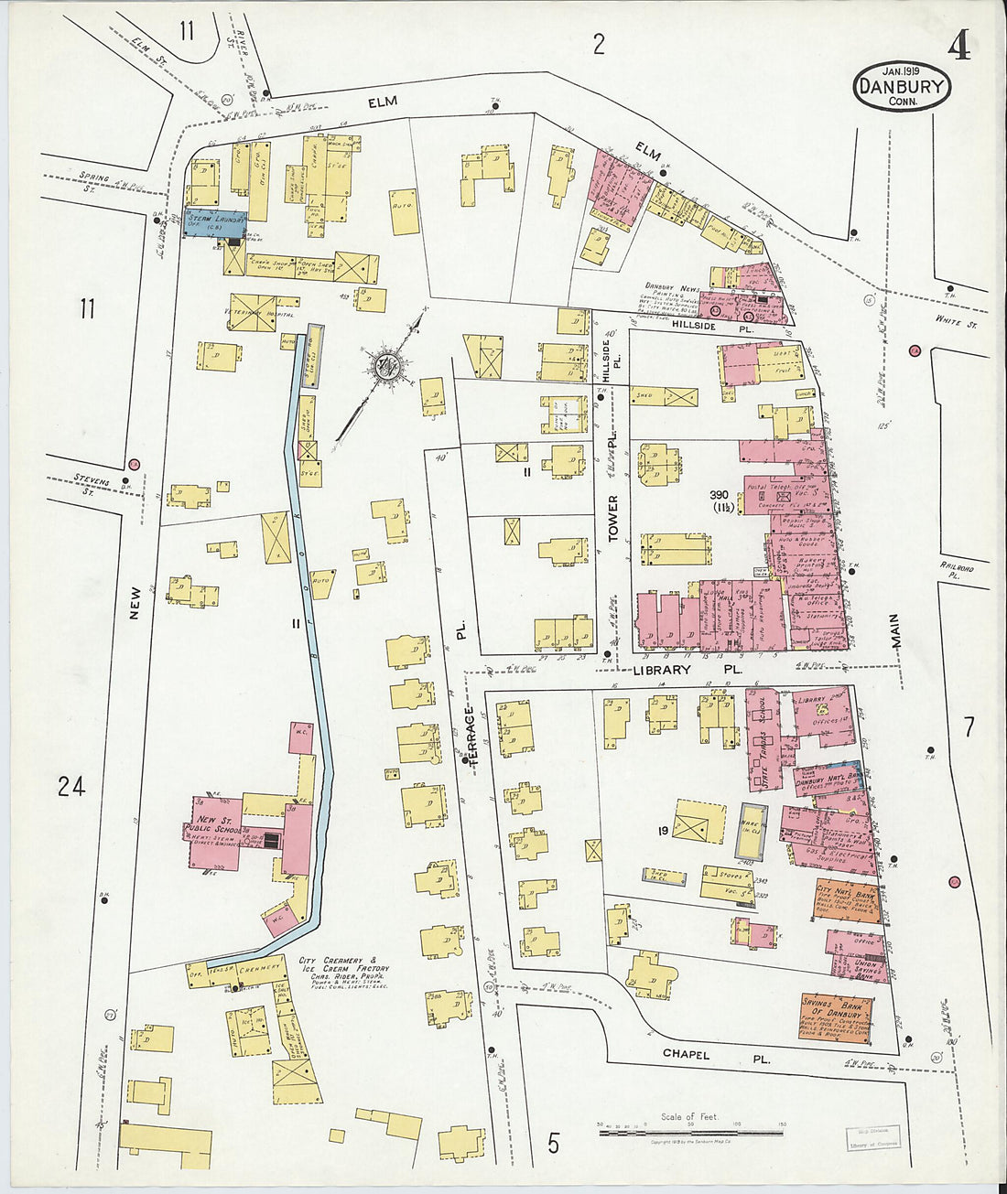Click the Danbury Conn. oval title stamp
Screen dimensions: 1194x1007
coord(902,86)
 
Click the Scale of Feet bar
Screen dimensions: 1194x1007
coord(690,1133)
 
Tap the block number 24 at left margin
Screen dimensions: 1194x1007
coord(70,785)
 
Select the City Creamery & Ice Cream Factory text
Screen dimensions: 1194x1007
coord(344,970)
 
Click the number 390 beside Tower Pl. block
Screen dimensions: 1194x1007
coord(719,494)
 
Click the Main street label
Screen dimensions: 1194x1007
coord(896,631)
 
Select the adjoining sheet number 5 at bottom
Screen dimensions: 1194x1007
coord(553,1143)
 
